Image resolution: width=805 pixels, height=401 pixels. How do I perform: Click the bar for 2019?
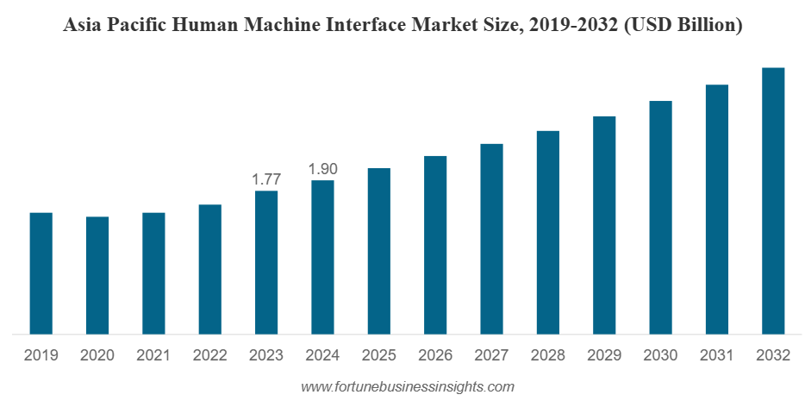click(x=41, y=273)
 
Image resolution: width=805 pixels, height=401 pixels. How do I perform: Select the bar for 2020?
click(x=97, y=275)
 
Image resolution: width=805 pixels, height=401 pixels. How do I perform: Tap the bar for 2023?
click(x=266, y=262)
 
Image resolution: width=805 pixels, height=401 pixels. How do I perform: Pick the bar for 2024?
click(x=322, y=257)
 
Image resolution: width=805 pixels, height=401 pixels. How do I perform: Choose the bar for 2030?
click(x=660, y=217)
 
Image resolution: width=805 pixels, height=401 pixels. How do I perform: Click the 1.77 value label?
click(x=266, y=179)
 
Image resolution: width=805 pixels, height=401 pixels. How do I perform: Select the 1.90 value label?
click(x=322, y=169)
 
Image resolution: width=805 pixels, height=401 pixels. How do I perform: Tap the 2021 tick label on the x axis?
click(x=153, y=355)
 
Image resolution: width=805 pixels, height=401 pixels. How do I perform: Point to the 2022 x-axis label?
click(x=210, y=355)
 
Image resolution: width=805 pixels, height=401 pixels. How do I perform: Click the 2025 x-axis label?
click(x=379, y=355)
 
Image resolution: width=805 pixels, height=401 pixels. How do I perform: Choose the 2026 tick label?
click(x=435, y=355)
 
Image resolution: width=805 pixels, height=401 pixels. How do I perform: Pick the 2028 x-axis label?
click(x=548, y=355)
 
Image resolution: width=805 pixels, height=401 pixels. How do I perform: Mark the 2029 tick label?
click(x=604, y=355)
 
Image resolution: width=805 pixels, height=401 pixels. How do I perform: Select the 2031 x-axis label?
click(x=717, y=355)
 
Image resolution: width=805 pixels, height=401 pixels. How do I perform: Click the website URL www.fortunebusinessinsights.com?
click(x=408, y=386)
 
